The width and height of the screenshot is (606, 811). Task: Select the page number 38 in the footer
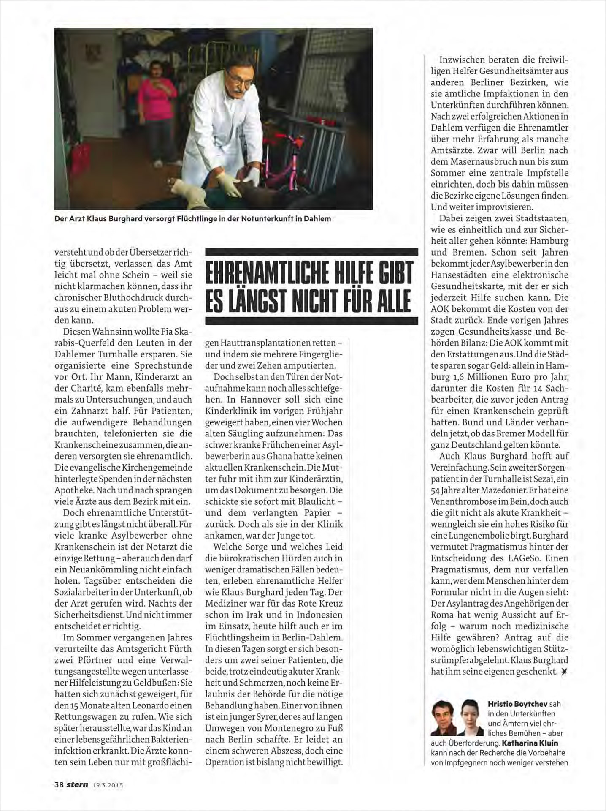(59, 784)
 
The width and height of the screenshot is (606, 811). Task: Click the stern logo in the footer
(78, 784)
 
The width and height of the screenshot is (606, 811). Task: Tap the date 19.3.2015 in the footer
(107, 785)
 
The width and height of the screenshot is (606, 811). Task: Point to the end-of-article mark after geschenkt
(564, 672)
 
